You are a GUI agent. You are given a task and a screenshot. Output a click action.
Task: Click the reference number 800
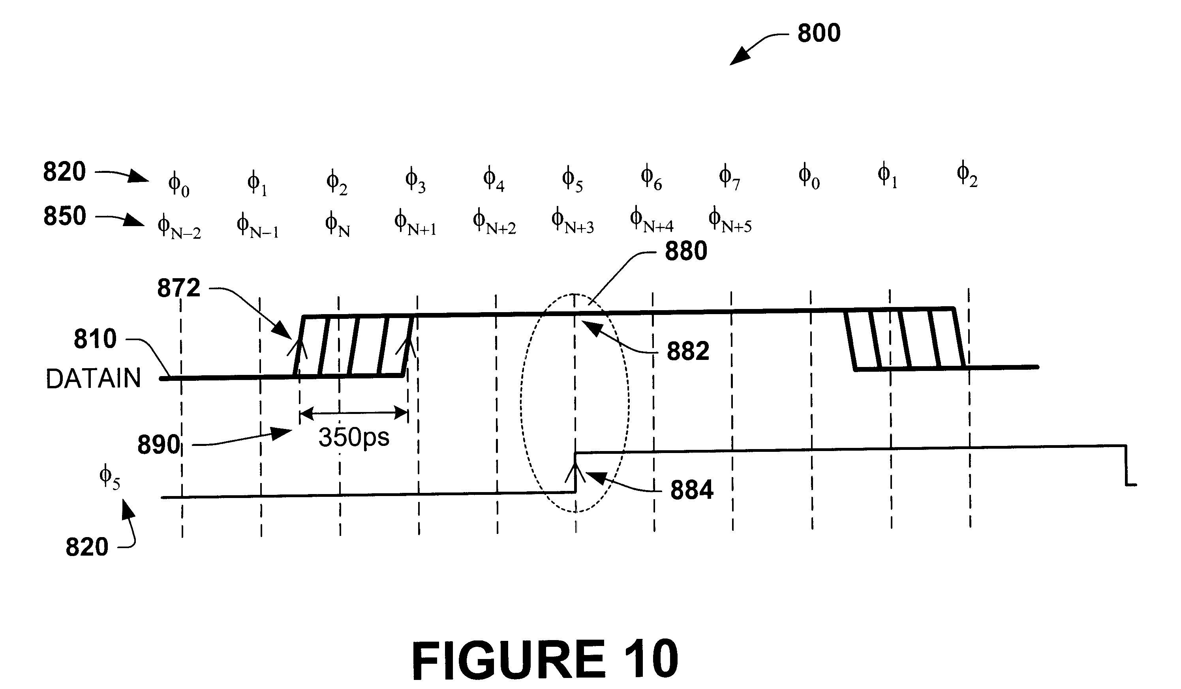[819, 33]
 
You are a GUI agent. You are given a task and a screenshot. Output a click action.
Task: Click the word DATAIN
[93, 378]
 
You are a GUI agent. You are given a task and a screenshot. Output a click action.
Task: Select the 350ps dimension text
[354, 438]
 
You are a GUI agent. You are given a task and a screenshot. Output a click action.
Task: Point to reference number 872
[178, 288]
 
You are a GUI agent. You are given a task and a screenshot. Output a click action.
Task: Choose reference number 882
[688, 351]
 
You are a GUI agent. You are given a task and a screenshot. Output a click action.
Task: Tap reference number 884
[692, 490]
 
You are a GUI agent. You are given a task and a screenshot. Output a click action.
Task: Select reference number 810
[95, 339]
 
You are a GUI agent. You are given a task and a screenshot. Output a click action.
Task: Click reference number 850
[65, 216]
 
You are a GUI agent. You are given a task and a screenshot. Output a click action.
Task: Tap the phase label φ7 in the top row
[729, 177]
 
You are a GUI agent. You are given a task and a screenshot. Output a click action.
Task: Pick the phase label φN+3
[572, 220]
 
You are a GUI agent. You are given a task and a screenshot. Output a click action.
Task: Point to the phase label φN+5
[730, 219]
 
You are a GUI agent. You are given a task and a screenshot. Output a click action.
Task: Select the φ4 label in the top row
[494, 178]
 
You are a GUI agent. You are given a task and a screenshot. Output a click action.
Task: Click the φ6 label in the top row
[651, 178]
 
